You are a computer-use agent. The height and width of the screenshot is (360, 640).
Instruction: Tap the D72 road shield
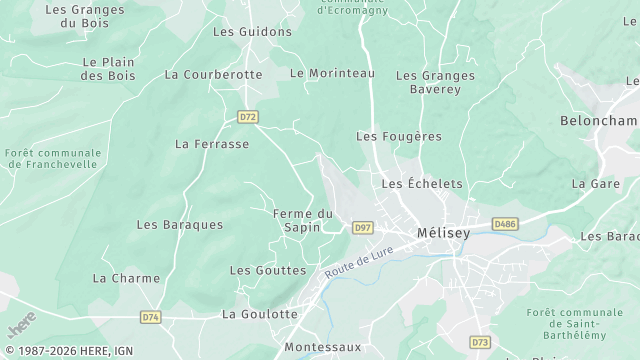[x=248, y=117]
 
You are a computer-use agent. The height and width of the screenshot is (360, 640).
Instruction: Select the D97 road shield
[x=363, y=228]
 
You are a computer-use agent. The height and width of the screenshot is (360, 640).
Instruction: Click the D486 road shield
[x=505, y=224]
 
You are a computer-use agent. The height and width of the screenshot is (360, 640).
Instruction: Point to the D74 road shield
[x=150, y=317]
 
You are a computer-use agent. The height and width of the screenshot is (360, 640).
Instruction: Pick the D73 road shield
[x=480, y=342]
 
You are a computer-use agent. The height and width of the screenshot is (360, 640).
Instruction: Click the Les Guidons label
[x=252, y=31]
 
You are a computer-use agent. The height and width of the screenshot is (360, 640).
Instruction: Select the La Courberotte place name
[x=213, y=74]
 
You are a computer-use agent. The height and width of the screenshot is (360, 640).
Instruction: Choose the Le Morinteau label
[x=332, y=74]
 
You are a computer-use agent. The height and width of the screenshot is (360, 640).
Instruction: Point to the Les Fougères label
[x=399, y=136]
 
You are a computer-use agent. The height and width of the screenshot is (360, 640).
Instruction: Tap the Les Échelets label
[x=422, y=184]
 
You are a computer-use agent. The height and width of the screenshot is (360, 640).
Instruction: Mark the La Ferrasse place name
[x=212, y=144]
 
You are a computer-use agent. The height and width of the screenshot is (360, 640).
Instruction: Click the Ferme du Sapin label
[x=303, y=220]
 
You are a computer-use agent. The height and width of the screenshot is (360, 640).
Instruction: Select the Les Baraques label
[x=180, y=225]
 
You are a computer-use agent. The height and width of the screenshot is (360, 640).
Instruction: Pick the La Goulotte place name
[x=259, y=314]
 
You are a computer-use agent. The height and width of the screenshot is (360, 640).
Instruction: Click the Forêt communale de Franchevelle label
[x=52, y=158]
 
